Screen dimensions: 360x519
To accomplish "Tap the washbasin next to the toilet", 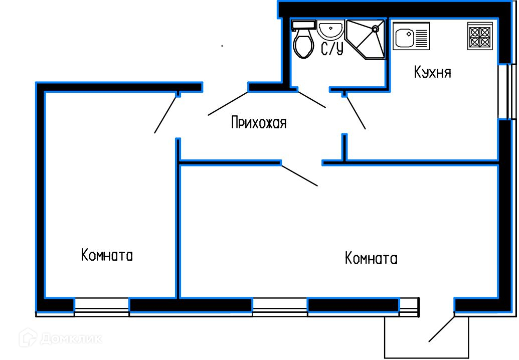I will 329,30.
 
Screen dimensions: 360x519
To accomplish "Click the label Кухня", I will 432,72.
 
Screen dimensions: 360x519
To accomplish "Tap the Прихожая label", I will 258,122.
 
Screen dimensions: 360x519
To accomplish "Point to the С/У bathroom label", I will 332,49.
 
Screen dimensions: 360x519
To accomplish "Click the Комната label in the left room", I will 107,256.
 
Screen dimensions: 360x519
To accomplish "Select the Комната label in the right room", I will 371,259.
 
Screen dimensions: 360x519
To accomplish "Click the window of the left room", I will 102,305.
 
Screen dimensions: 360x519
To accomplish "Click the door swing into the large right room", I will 299,175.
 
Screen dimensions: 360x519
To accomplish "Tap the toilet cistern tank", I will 303,24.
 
